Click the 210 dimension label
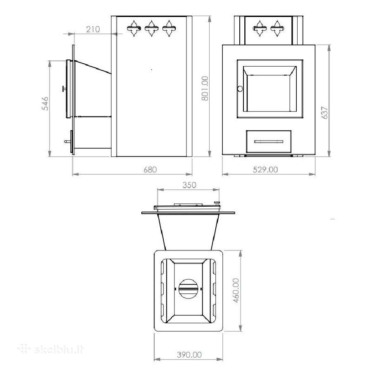(x=93, y=29)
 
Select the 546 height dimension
(x=45, y=103)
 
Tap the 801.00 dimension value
(x=205, y=88)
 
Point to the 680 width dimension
(x=150, y=169)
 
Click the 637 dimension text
(x=324, y=113)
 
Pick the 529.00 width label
(x=265, y=169)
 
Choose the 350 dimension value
(x=189, y=185)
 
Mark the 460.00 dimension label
(x=236, y=291)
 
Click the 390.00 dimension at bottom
(x=189, y=355)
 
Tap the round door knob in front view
(x=240, y=89)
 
